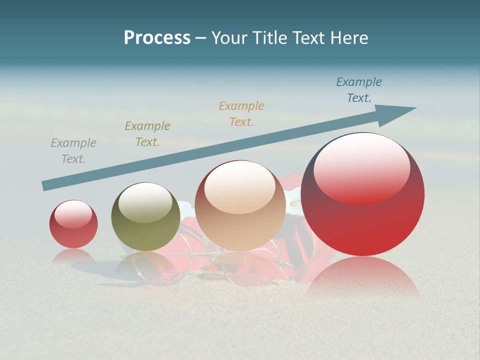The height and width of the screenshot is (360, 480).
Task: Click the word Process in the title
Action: [157, 38]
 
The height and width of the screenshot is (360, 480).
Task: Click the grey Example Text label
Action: [73, 151]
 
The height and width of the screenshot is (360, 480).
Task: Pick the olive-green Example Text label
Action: [147, 134]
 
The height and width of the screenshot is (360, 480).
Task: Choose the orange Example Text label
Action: [241, 113]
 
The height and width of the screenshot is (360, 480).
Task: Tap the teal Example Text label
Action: [359, 90]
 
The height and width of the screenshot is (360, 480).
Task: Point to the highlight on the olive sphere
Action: [145, 202]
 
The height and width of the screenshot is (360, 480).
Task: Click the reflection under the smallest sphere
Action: [73, 255]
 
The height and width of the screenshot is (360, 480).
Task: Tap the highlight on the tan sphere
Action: [240, 186]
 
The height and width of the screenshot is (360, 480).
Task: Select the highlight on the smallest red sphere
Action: [73, 214]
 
